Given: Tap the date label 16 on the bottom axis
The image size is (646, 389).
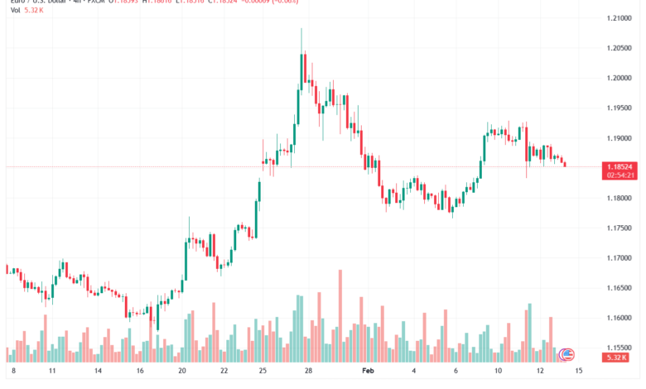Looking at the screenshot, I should (x=141, y=372).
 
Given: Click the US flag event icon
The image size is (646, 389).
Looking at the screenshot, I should (x=567, y=354).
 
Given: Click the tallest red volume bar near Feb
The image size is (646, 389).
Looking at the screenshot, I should (x=340, y=315).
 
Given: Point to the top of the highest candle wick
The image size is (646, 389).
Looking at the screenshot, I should (x=301, y=29).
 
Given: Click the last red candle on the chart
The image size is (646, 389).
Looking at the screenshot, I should (x=565, y=164).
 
